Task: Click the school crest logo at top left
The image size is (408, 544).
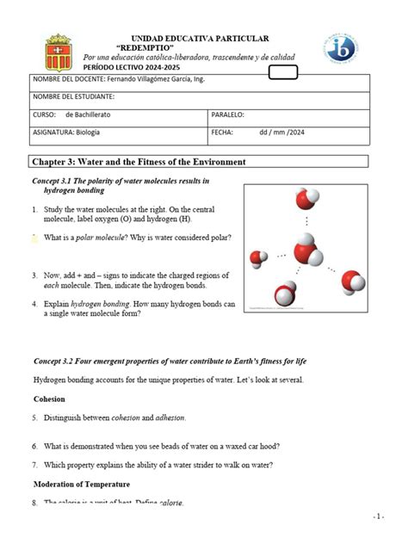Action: (58, 52)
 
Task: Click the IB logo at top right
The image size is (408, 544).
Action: (341, 47)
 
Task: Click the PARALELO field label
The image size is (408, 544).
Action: (228, 114)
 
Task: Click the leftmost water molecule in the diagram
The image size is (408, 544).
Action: (260, 257)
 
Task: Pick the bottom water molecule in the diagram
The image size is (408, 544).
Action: (284, 294)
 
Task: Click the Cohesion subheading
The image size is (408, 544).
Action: (50, 399)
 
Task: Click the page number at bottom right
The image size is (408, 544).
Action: (378, 516)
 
